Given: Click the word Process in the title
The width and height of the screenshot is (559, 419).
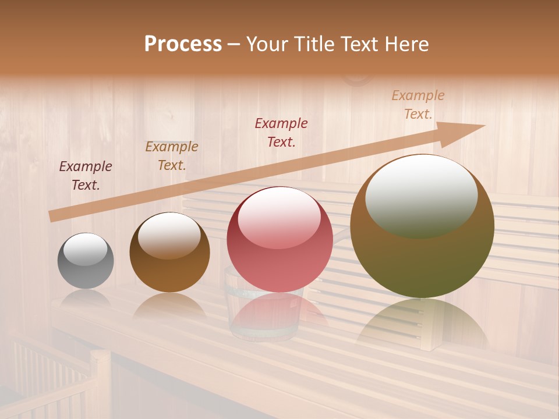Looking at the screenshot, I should coord(183,44).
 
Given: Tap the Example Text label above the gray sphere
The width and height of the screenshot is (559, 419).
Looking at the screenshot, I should coord(86,175).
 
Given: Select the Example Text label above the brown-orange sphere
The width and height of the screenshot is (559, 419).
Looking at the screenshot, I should coord(172,155).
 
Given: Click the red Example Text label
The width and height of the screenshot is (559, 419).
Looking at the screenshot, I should coord(281,132).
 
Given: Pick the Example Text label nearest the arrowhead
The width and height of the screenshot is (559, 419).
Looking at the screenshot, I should coord(418,105).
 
